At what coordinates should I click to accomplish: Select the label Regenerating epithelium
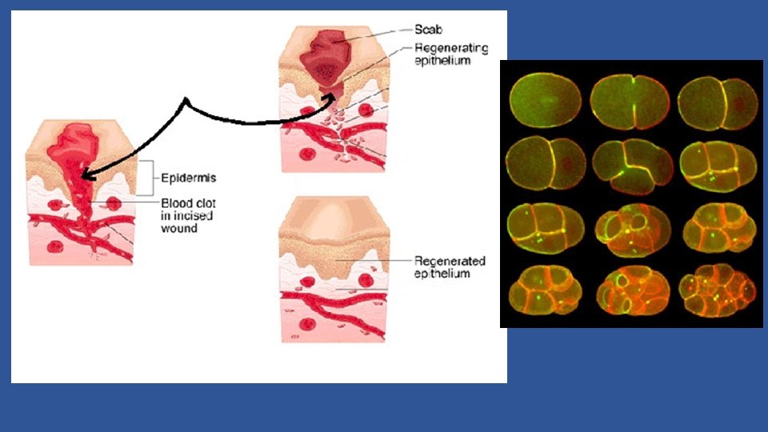pos(450,54)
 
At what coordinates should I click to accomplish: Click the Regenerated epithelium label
pos(450,267)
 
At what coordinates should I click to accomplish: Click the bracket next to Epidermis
pos(146,178)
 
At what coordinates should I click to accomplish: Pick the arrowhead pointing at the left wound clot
pos(84,174)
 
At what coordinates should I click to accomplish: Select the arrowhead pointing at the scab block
pos(329,97)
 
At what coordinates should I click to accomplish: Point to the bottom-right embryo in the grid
pos(716,291)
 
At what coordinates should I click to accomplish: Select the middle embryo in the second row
pos(630,166)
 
